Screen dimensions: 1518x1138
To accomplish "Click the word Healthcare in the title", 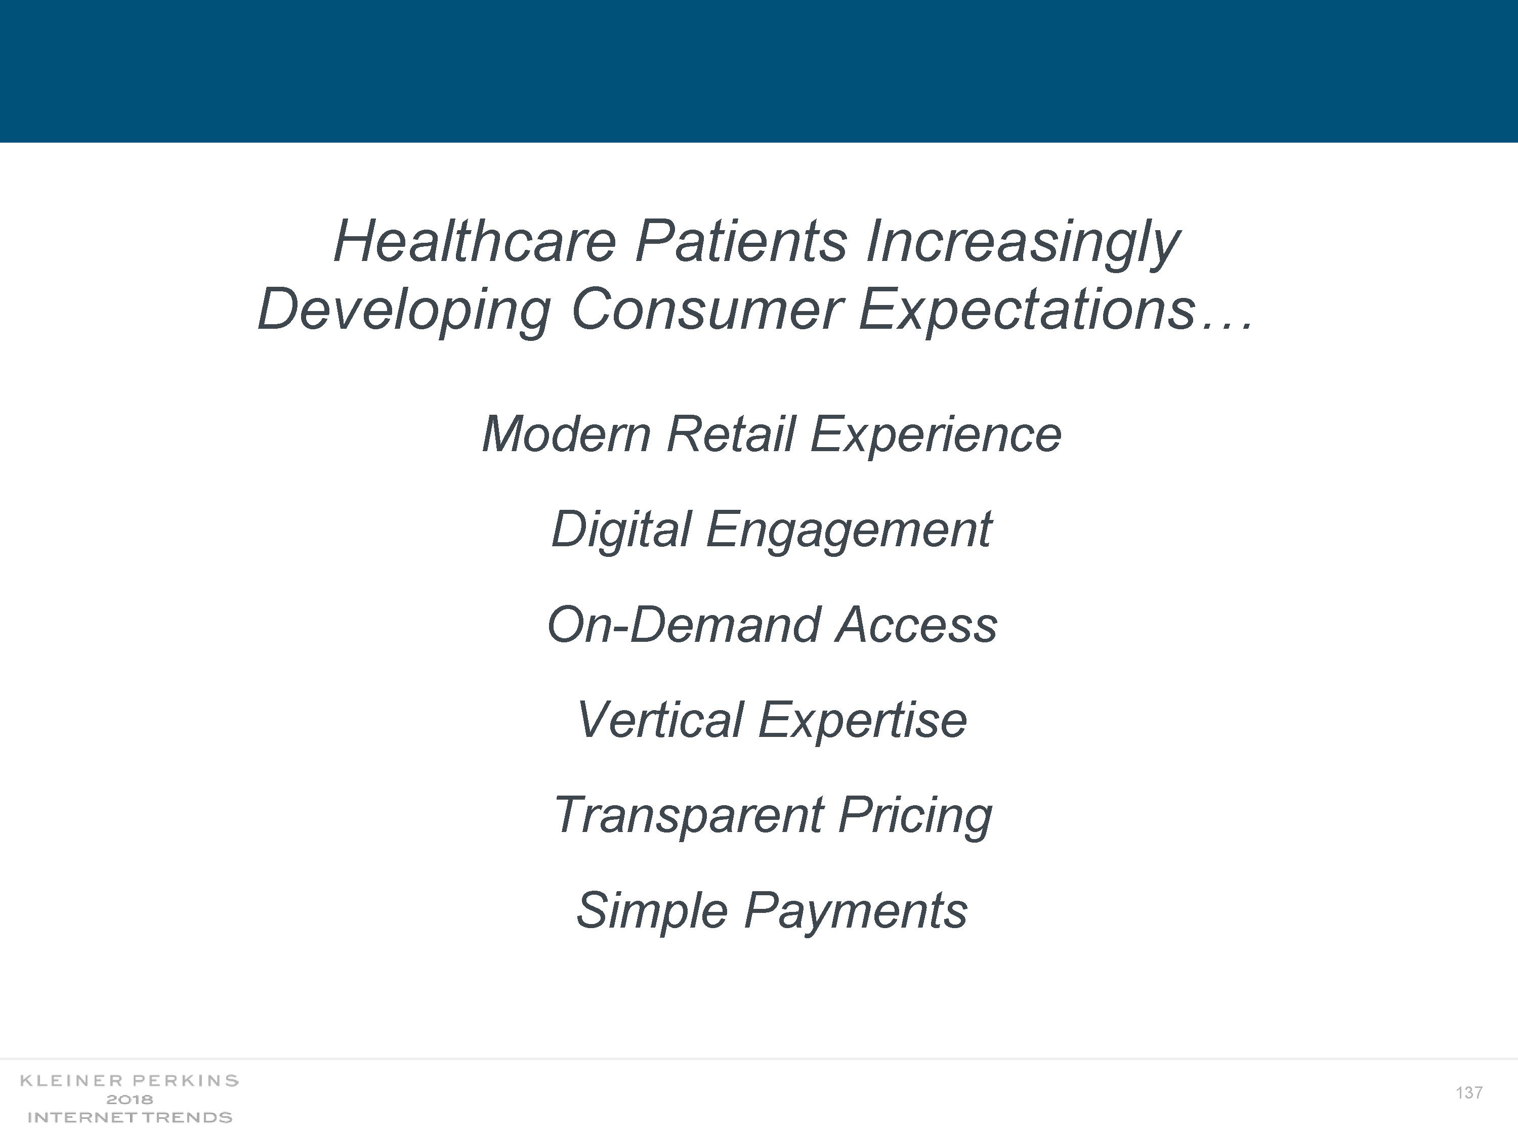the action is pyautogui.click(x=475, y=241).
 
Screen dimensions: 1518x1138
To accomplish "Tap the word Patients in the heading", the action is pyautogui.click(x=741, y=241).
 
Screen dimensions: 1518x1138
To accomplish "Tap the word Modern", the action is pyautogui.click(x=566, y=434).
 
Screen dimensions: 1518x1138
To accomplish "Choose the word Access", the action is pyautogui.click(x=917, y=625).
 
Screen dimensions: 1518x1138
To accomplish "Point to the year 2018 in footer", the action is pyautogui.click(x=129, y=1100).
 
